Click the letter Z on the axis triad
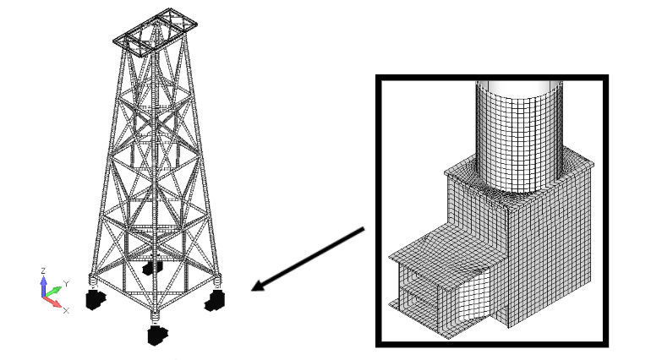click(x=43, y=271)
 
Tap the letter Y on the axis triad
click(x=66, y=284)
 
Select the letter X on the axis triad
click(x=66, y=310)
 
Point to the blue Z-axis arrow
click(x=44, y=286)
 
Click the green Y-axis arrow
click(x=53, y=292)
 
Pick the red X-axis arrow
click(x=52, y=303)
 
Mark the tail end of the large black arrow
click(x=364, y=228)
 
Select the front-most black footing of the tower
click(x=157, y=335)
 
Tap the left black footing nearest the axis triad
click(x=96, y=299)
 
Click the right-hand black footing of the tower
click(x=215, y=301)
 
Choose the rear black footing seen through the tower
click(x=152, y=267)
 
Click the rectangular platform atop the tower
click(x=156, y=31)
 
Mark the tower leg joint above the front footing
click(x=155, y=317)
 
